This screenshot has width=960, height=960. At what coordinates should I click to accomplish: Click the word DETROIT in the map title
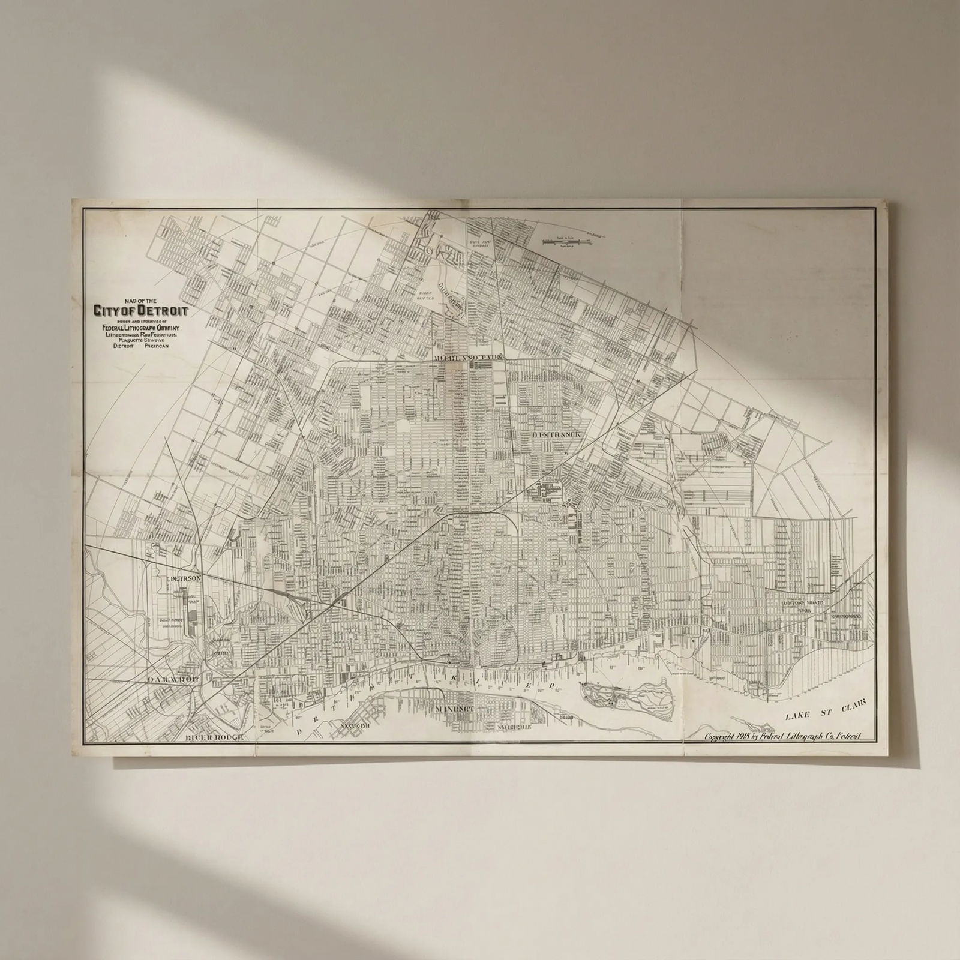pos(163,311)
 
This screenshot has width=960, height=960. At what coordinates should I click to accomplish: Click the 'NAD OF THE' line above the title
pos(140,300)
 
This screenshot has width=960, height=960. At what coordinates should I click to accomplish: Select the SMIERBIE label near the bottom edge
pos(514,727)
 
